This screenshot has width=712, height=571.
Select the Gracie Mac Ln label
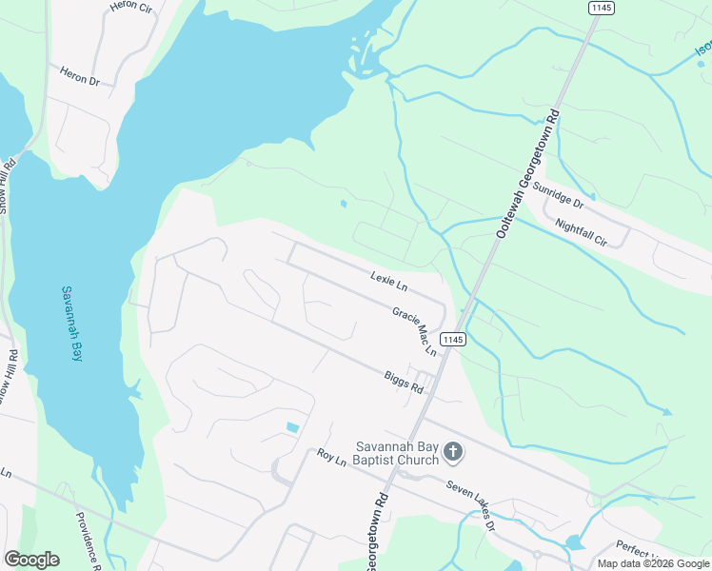[414, 331]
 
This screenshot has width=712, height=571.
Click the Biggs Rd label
[404, 383]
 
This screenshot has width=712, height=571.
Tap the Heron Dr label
[80, 76]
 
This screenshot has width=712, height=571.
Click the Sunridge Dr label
[557, 195]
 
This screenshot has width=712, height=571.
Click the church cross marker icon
[454, 452]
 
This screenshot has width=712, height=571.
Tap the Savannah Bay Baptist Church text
[397, 453]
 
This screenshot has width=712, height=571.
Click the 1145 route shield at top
[602, 8]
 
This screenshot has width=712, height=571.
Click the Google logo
[31, 560]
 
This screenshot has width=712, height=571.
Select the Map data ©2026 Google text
[652, 563]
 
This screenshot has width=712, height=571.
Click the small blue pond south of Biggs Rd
[292, 427]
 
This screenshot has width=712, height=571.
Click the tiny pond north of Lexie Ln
[343, 203]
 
